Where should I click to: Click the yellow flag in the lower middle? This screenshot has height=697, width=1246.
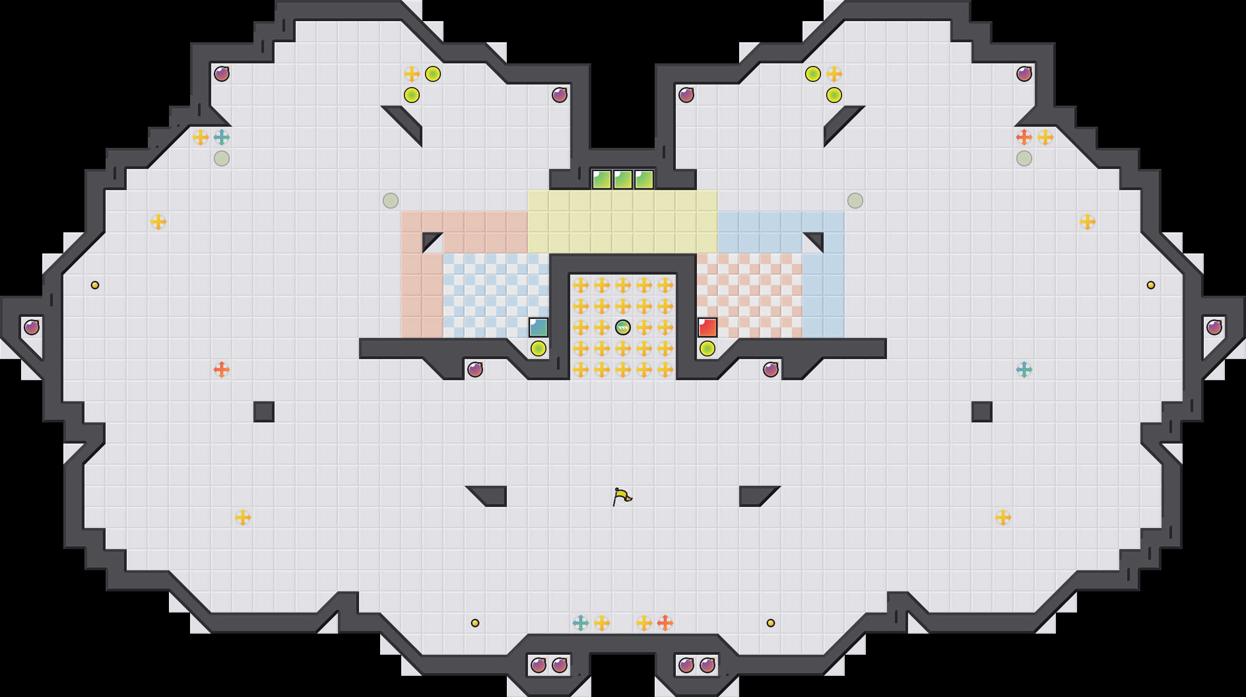pos(622,496)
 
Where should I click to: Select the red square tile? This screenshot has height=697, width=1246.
pos(707,327)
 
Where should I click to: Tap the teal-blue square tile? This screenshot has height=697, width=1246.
pos(539,327)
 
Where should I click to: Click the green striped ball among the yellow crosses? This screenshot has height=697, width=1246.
pos(623,327)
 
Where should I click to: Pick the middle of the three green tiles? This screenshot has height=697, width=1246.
pos(623,180)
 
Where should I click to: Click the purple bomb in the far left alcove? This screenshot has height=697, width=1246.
pos(32,327)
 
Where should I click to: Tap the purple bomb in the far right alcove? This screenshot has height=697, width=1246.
pos(1214,327)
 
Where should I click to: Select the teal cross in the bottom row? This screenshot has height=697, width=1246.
pos(581,623)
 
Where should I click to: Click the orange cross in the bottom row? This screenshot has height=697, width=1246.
pos(665,623)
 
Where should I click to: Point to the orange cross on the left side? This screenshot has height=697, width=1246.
pos(222,370)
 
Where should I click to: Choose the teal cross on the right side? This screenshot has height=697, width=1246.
pos(1024,370)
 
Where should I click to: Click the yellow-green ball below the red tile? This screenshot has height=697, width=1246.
pos(707,348)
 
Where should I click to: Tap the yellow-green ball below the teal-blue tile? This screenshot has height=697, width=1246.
pos(539,348)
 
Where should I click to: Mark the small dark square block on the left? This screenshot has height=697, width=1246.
pos(264,412)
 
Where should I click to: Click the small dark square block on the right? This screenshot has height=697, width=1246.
pos(982,412)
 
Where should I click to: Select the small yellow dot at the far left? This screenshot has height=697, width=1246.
pos(95,285)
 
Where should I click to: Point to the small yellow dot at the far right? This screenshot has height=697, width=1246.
pos(1151,285)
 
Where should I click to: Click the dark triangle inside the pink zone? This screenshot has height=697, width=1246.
pos(430,240)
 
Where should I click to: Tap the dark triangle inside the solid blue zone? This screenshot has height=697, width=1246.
pos(816,240)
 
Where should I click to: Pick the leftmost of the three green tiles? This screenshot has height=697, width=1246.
pos(602,180)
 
